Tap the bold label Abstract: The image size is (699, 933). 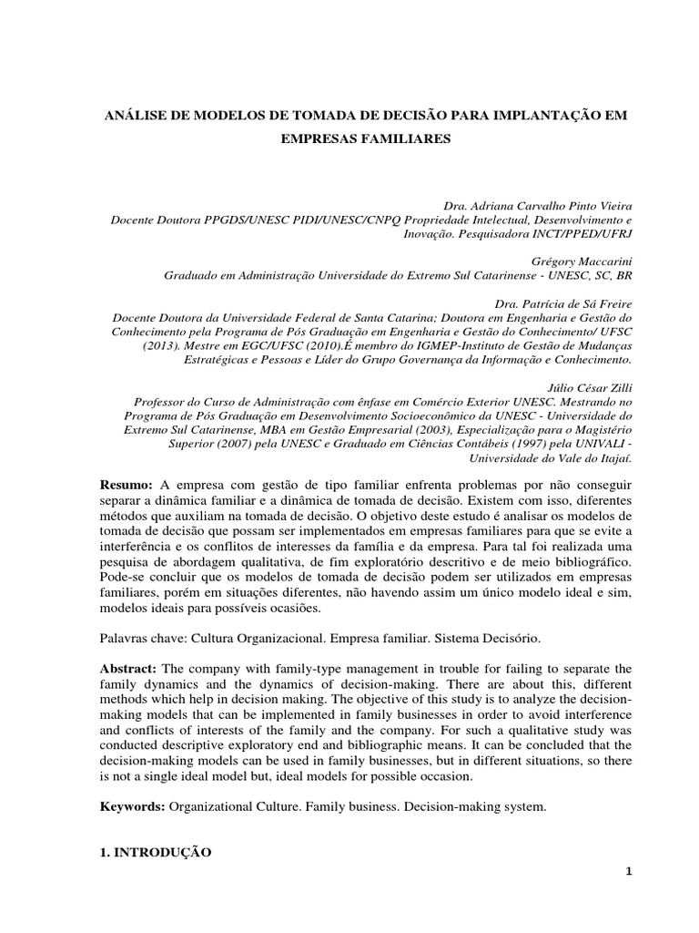(128, 641)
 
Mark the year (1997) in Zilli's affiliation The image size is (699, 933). (522, 445)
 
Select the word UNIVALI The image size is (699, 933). (593, 445)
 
